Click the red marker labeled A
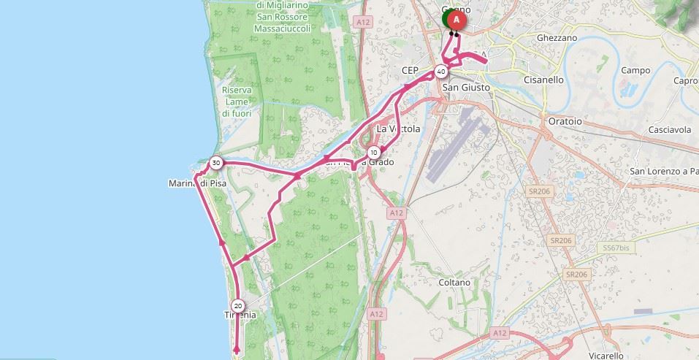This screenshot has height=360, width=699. coord(457,18)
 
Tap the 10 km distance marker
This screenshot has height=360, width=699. coord(374,152)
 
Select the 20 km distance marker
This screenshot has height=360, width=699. coord(237,305)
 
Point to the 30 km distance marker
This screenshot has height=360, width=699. coord(215,162)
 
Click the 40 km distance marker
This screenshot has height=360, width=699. coord(440,72)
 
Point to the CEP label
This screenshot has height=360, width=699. coord(410,71)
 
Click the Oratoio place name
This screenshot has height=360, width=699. coord(565,121)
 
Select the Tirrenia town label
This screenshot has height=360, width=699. coord(240,315)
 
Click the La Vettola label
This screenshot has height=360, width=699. coord(398,129)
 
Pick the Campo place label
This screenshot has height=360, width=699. coord(635,70)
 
